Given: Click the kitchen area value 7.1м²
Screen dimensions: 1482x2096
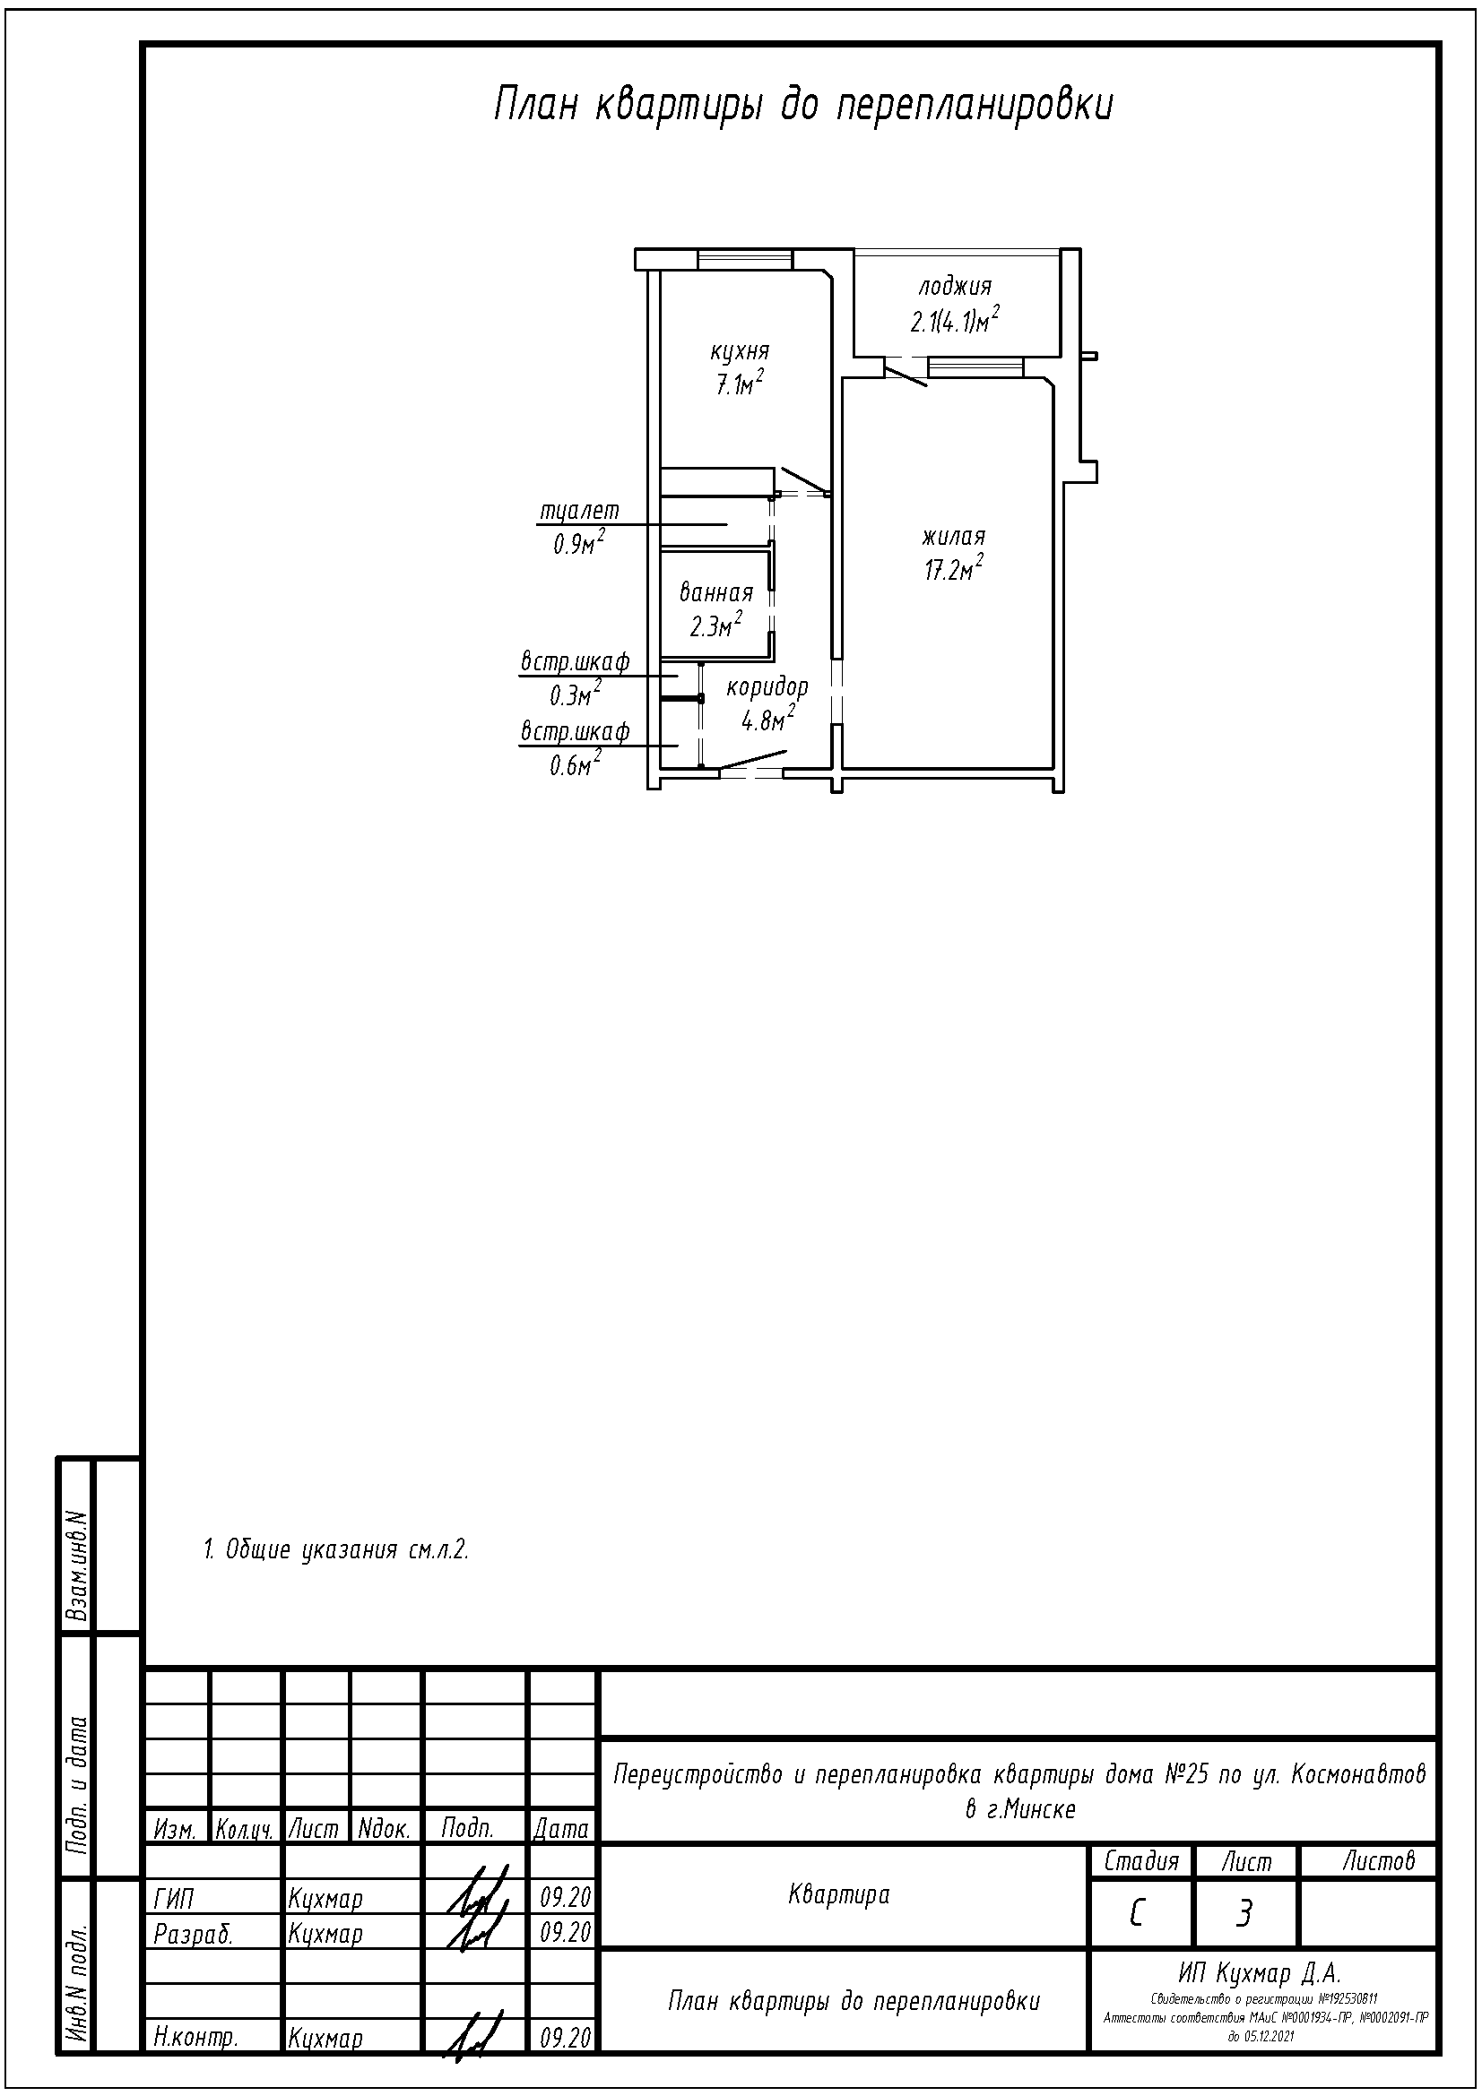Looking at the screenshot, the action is (739, 384).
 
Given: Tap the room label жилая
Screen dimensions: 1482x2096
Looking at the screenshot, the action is (953, 536).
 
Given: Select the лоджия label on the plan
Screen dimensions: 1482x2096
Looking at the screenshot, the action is (954, 287).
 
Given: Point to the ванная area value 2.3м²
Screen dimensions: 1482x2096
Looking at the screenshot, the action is (715, 625).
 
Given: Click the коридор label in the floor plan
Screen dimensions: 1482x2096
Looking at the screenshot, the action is (767, 687).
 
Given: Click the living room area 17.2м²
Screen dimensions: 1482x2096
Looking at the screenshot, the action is (953, 570).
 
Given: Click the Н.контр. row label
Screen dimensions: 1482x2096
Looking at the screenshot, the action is (196, 2039).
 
